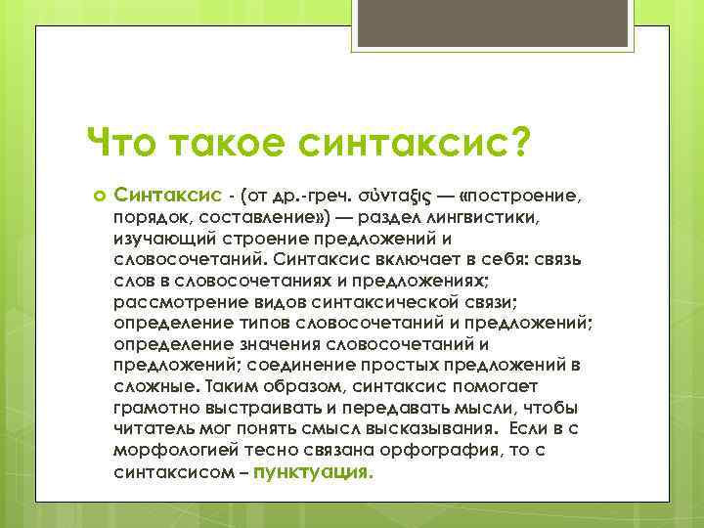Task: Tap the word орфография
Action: click(433, 449)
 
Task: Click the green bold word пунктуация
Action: click(313, 470)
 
